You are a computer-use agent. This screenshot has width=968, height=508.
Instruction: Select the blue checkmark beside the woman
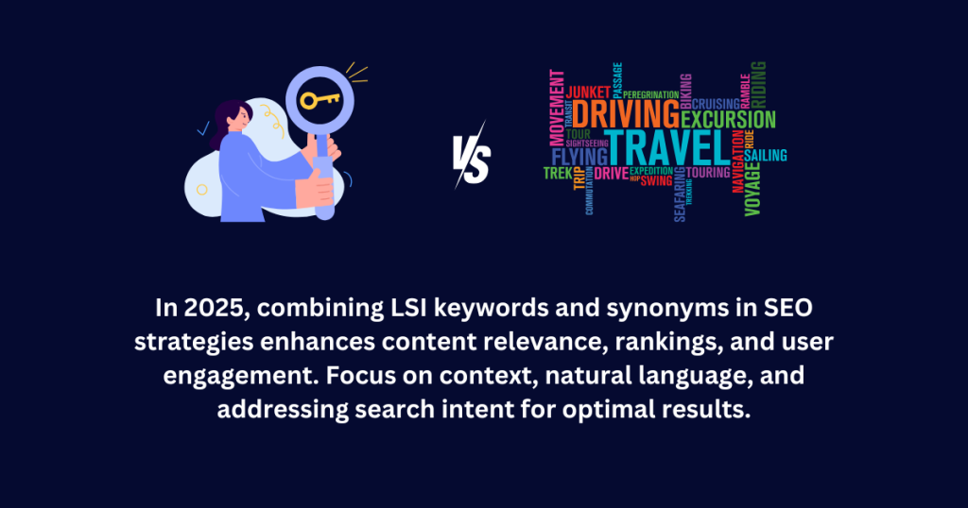[x=201, y=128]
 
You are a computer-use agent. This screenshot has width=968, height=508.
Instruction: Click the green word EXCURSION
[x=728, y=120]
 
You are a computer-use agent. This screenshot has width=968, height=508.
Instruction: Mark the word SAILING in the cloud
[x=766, y=155]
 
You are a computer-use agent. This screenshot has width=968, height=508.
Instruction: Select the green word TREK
[x=557, y=173]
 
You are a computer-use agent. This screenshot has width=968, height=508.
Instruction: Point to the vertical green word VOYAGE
[x=752, y=189]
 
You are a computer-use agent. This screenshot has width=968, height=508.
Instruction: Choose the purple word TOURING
[x=707, y=173]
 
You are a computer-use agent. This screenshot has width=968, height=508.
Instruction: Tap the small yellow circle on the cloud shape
[x=201, y=189]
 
